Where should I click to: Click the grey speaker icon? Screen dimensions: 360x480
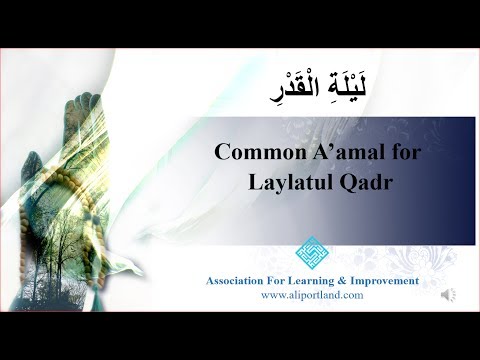[449, 295]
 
